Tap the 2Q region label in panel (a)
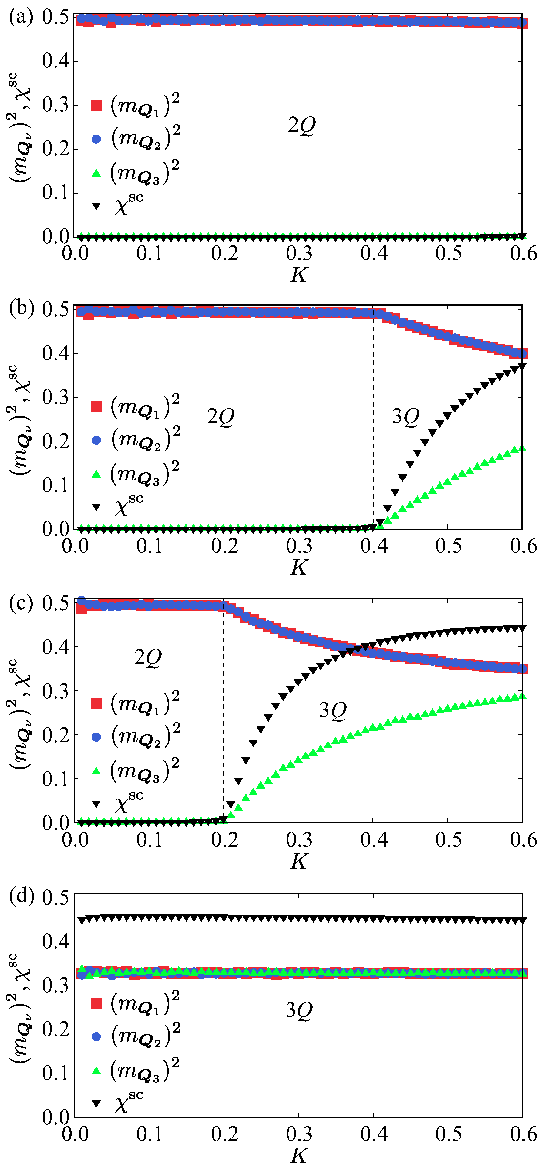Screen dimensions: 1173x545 [x=301, y=125]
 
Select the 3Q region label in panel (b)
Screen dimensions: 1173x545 [x=405, y=416]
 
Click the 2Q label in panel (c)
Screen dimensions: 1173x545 [x=148, y=657]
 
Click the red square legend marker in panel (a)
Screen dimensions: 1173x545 [x=96, y=105]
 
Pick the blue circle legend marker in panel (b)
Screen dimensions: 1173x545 [x=96, y=440]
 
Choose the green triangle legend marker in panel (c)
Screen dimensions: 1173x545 [x=96, y=771]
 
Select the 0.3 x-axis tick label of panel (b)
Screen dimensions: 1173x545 [x=299, y=546]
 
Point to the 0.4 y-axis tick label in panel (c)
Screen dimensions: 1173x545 [x=56, y=647]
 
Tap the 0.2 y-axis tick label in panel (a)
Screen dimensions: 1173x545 [x=56, y=148]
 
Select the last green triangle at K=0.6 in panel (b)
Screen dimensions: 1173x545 [x=522, y=449]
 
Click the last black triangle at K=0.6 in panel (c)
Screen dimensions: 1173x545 [x=522, y=628]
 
